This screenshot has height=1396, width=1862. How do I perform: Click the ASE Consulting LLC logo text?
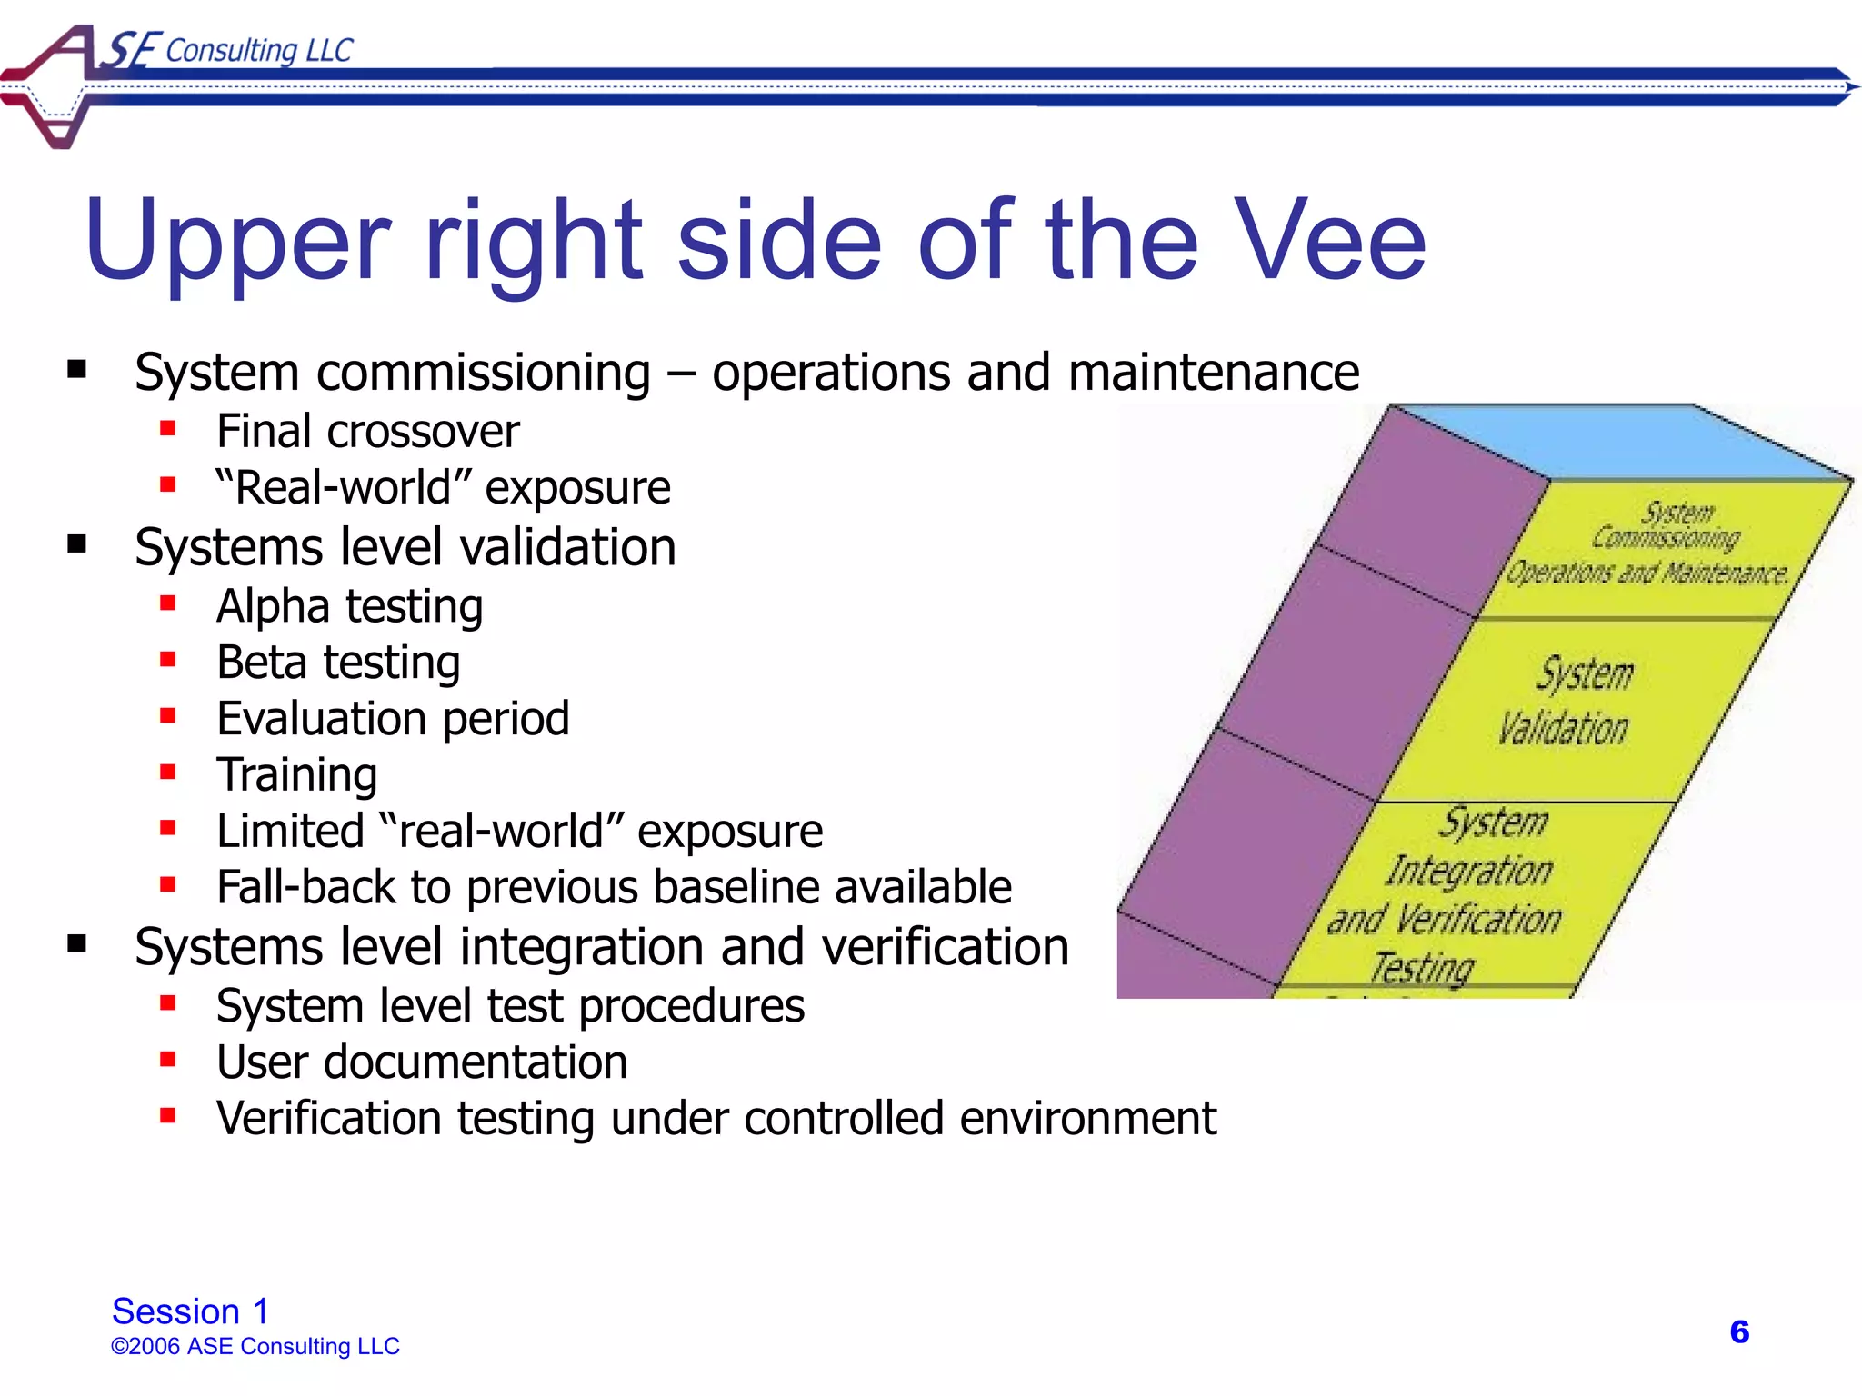pos(227,50)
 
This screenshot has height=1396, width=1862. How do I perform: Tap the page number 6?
pos(1738,1331)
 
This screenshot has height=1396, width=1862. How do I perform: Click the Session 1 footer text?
pos(190,1311)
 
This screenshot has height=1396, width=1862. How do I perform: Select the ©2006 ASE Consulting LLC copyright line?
pos(255,1346)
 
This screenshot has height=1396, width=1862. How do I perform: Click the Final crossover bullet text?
pos(367,431)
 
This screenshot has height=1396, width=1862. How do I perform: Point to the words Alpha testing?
pos(349,606)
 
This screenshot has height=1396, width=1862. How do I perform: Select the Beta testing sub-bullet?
pos(338,663)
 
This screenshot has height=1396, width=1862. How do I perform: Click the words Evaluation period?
pos(393,719)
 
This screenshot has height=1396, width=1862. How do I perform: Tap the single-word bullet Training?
pos(296,775)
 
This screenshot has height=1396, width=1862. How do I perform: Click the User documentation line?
pos(422,1062)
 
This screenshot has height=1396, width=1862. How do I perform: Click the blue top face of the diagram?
pos(1618,441)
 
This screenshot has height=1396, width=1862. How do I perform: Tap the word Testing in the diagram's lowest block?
pos(1423,967)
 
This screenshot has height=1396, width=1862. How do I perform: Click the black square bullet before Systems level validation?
pos(77,545)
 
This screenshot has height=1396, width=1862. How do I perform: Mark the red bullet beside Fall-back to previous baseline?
pos(167,883)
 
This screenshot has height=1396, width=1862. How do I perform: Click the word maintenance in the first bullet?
pos(1214,373)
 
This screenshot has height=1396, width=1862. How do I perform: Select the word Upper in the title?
pos(238,242)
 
